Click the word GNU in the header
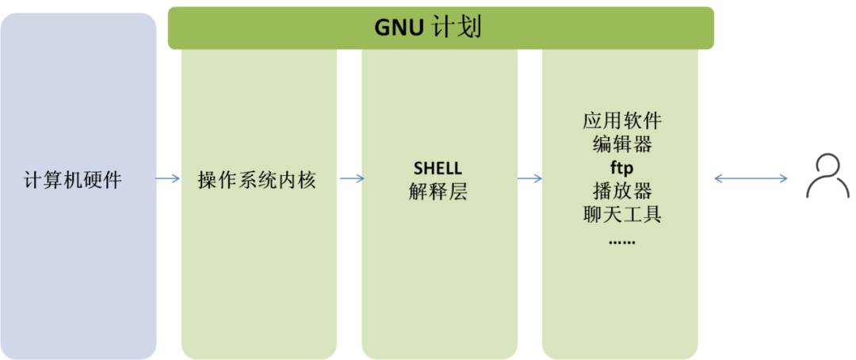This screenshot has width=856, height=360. (401, 29)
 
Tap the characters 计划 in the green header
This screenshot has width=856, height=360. (459, 29)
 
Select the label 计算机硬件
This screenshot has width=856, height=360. (73, 180)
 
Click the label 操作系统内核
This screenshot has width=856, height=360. (257, 180)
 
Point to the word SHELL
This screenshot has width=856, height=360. (438, 168)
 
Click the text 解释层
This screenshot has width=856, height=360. (438, 191)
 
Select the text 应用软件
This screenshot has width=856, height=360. (621, 121)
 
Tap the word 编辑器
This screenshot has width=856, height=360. (621, 144)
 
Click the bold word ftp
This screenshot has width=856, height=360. (621, 168)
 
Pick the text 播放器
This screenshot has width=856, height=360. (621, 191)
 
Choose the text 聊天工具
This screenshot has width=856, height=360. (621, 214)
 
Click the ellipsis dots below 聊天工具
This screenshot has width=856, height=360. (621, 239)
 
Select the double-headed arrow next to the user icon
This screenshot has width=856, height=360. (751, 179)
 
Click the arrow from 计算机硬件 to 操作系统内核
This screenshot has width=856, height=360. (169, 179)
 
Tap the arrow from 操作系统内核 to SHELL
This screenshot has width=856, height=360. (350, 179)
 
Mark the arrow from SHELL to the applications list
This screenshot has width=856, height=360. (530, 179)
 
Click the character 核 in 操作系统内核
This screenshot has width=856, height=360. (308, 180)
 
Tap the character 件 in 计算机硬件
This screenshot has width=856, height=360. (113, 180)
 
